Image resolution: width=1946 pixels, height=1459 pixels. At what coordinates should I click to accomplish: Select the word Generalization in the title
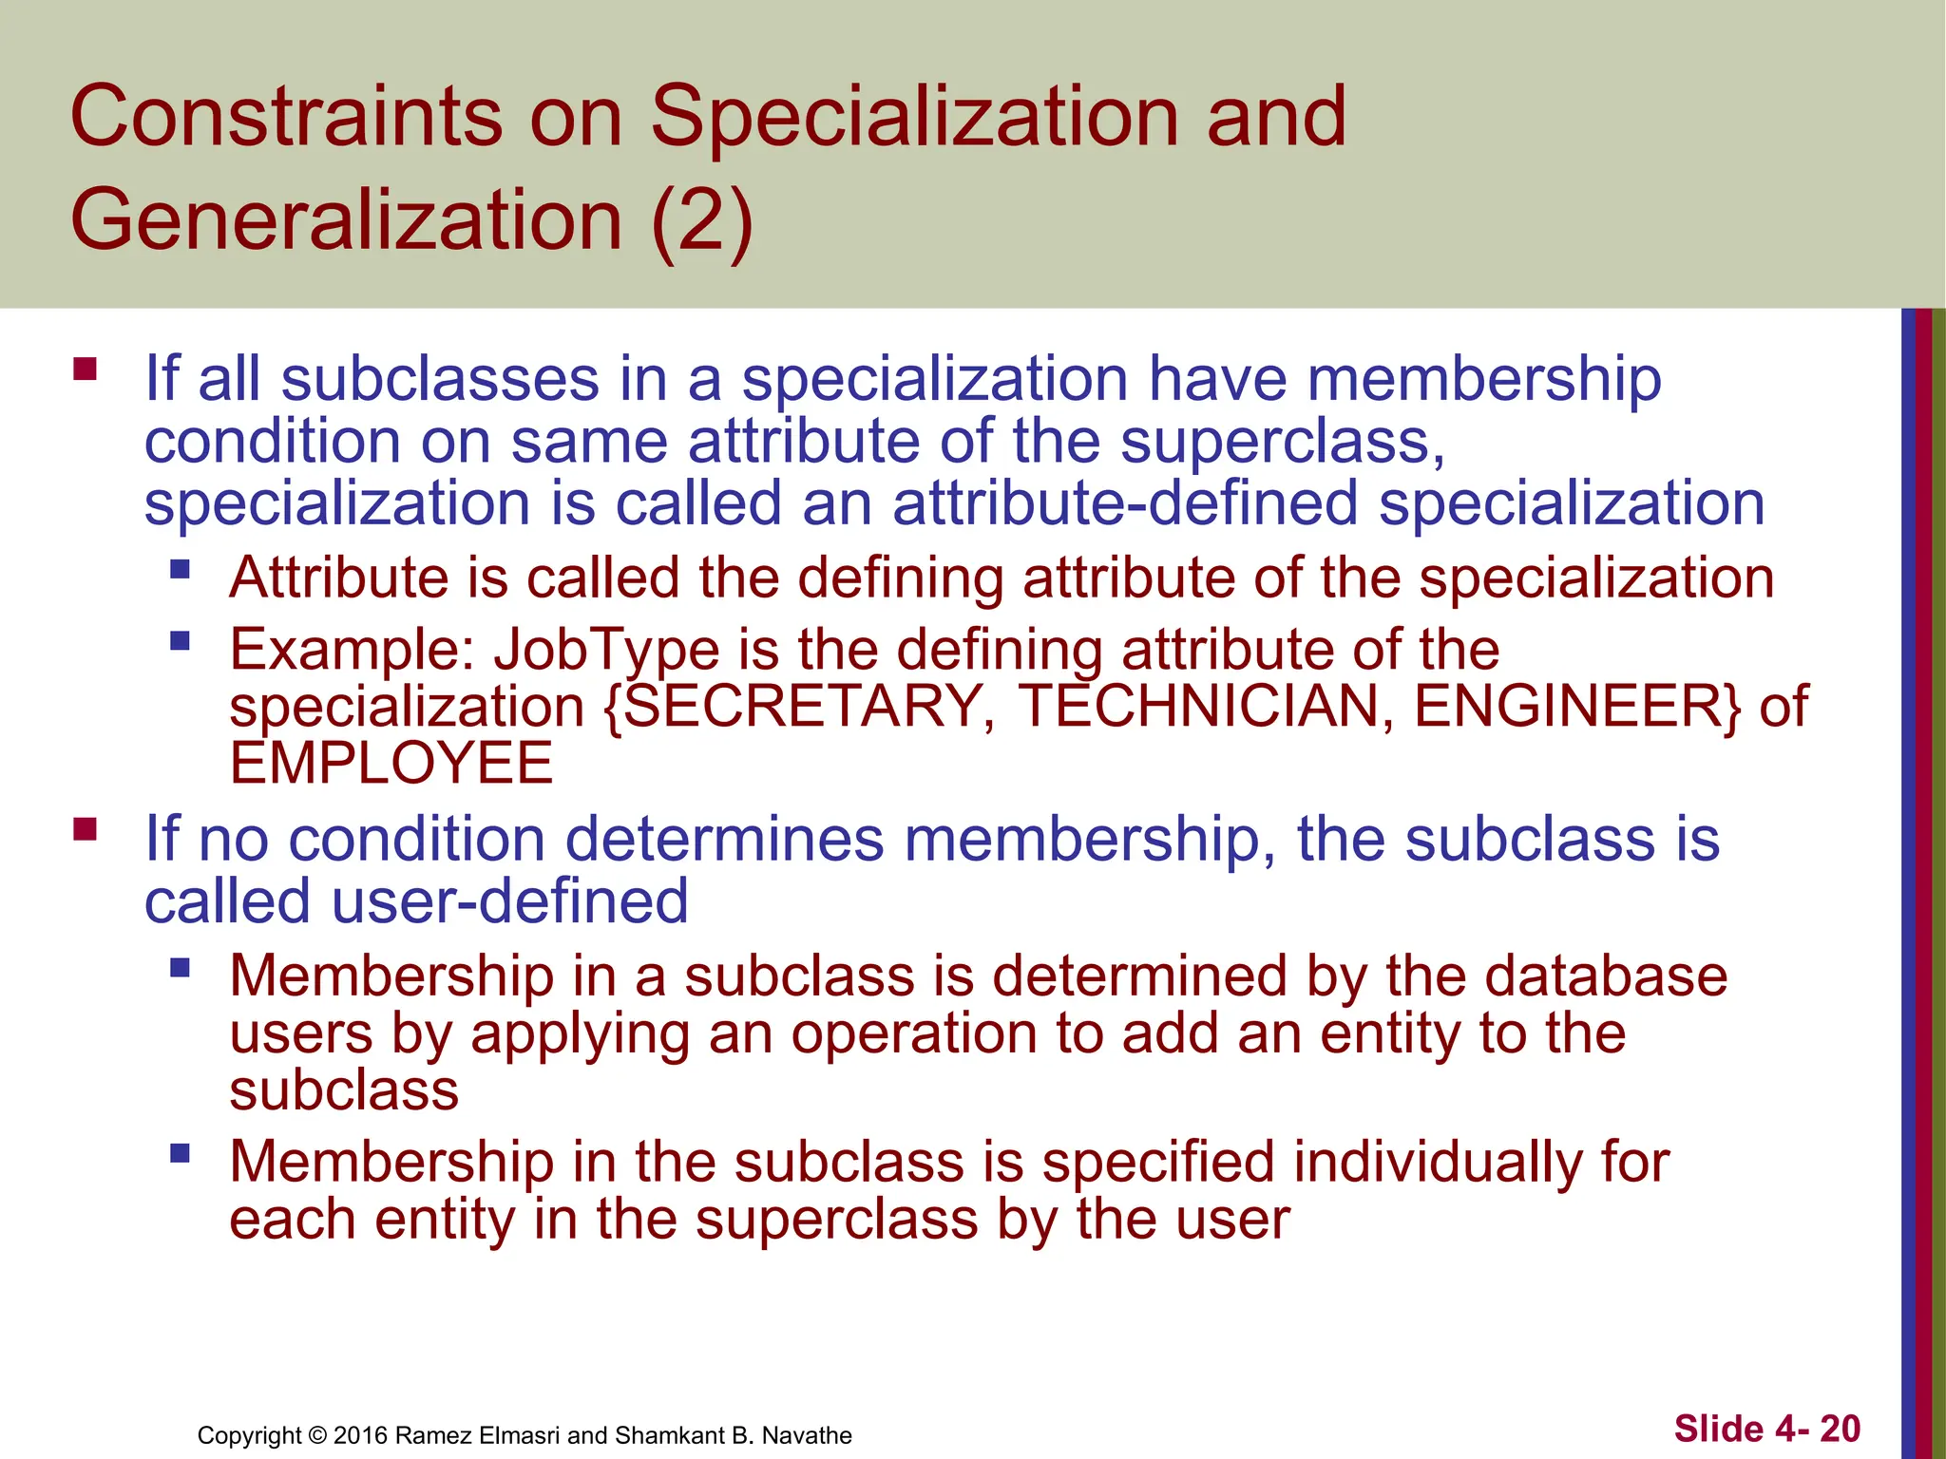pos(347,220)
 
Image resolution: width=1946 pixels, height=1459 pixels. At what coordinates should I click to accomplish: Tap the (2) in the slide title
pos(702,220)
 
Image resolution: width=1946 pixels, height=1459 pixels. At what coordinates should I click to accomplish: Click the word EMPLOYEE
pos(391,764)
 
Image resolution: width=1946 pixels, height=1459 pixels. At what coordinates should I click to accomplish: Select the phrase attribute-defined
pos(1125,503)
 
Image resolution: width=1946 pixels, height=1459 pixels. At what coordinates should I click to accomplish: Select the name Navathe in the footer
pos(808,1435)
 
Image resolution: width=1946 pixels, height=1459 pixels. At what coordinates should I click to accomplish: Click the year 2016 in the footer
pos(360,1435)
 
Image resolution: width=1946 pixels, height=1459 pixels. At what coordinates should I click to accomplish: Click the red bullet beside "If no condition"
pos(86,829)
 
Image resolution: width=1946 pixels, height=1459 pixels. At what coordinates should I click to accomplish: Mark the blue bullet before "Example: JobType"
pos(180,641)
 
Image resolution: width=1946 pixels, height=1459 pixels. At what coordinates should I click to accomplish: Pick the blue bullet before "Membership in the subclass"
pos(180,1153)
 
